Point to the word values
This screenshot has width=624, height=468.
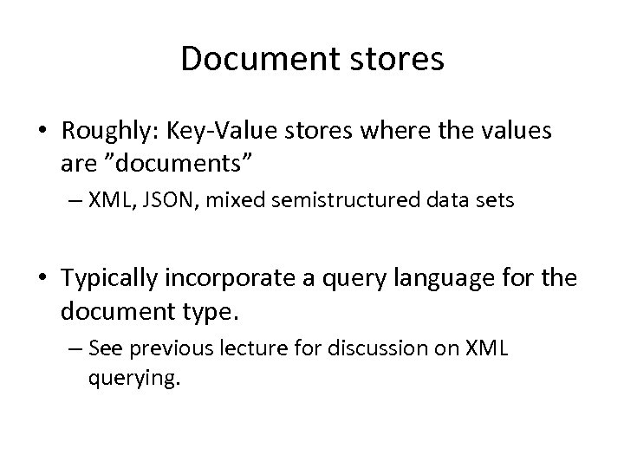(x=515, y=133)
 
